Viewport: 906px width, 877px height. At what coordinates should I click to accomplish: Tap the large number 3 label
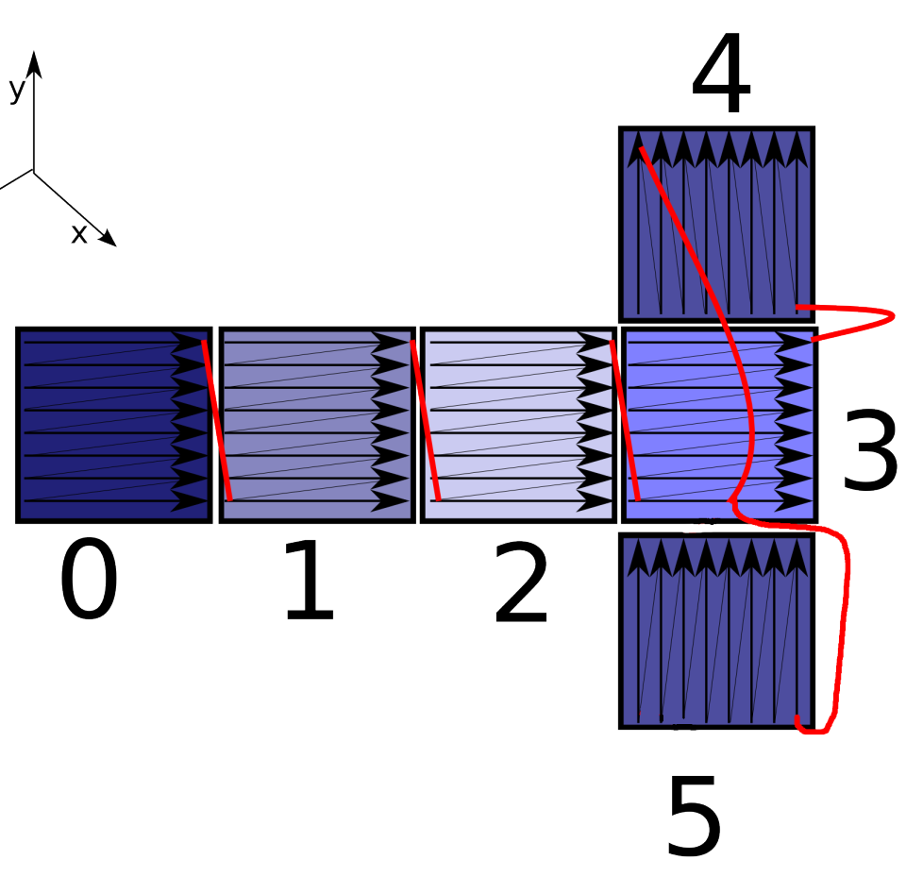coord(869,452)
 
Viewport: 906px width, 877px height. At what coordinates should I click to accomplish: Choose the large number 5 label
coord(694,817)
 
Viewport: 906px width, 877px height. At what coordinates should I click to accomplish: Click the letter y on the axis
coord(16,91)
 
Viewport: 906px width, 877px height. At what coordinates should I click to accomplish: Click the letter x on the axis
coord(79,234)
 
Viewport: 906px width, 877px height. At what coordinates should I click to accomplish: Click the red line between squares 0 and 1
coord(216,421)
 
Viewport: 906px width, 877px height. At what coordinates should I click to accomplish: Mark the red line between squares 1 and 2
coord(425,421)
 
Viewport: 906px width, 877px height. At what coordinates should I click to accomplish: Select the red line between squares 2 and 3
coord(625,421)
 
